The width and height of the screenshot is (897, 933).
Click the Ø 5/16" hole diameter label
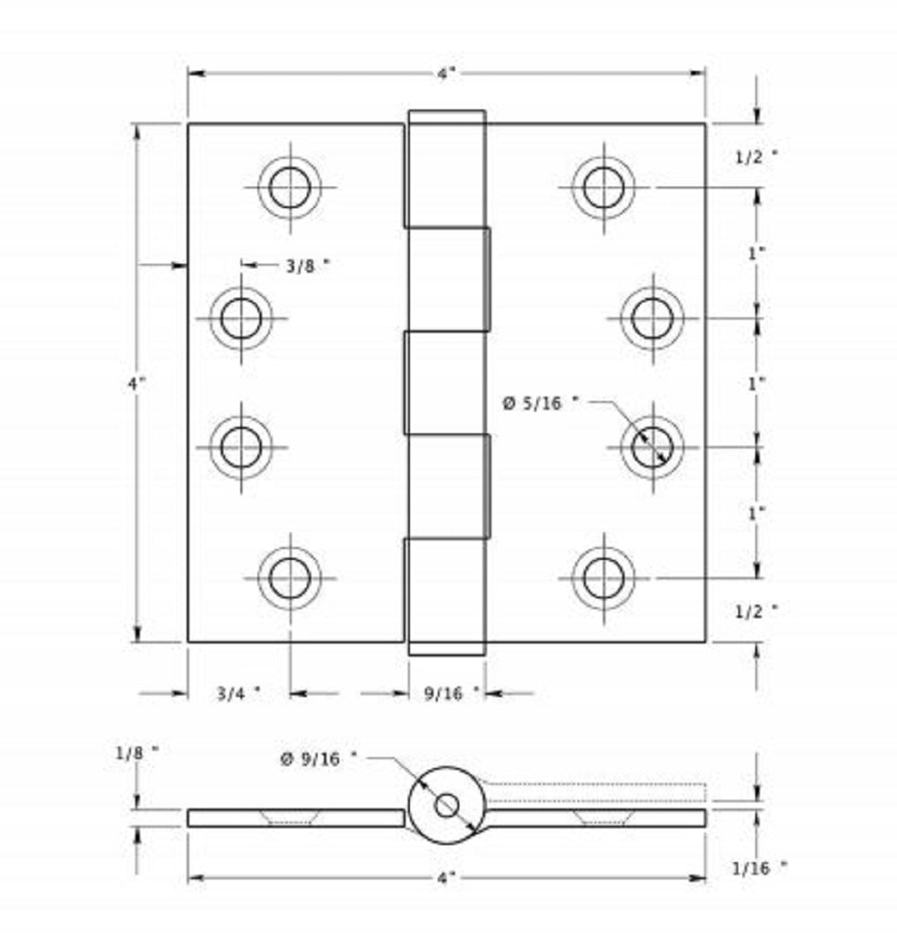(539, 405)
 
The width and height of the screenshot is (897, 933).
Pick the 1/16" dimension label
(759, 868)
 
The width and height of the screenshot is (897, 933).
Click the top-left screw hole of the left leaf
(290, 187)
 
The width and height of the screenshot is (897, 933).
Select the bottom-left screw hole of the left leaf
(290, 579)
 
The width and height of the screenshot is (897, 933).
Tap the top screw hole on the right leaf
(603, 187)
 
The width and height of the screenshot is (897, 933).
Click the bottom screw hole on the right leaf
(603, 579)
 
